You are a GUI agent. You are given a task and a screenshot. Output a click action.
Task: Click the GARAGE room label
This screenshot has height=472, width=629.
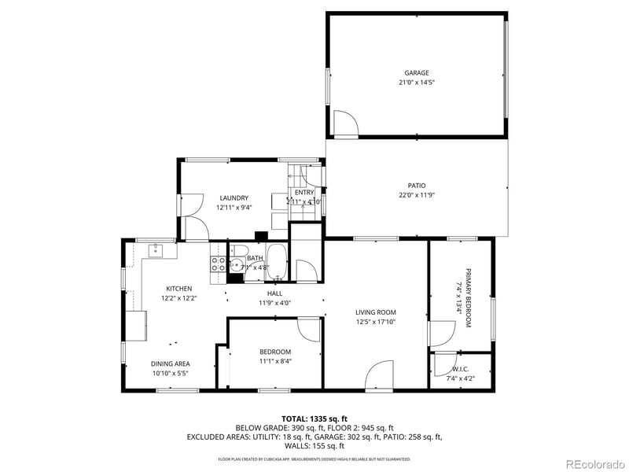pos(417,72)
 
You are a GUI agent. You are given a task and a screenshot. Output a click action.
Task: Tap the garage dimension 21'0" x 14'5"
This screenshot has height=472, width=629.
pos(417,82)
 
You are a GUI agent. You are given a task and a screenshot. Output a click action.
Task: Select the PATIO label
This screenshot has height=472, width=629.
pos(417,186)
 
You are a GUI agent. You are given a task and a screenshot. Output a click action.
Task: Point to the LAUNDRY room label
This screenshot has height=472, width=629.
pos(234,198)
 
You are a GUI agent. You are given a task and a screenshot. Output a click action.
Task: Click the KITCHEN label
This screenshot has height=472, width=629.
pos(178,289)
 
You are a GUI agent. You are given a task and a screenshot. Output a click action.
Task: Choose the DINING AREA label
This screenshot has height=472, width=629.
pos(171,363)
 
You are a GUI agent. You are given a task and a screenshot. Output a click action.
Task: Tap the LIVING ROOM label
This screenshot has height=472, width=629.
pos(375,312)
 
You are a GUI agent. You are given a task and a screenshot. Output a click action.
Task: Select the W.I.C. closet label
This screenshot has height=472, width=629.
pos(461,368)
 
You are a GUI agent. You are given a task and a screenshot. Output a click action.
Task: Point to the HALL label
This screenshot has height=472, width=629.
pos(275,293)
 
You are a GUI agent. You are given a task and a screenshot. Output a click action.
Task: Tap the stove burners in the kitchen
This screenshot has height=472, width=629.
pos(216,264)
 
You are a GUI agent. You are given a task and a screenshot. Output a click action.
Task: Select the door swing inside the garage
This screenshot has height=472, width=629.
pos(345,124)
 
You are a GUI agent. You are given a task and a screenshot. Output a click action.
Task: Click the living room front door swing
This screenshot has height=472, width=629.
pos(381,374)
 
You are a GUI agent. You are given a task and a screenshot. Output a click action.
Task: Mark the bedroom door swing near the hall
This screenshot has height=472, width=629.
pos(310,329)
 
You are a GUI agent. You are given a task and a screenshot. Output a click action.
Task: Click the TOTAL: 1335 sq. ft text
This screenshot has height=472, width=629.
pos(314,419)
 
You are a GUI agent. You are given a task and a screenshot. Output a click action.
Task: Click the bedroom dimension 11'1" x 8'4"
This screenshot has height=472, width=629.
pos(275,361)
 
